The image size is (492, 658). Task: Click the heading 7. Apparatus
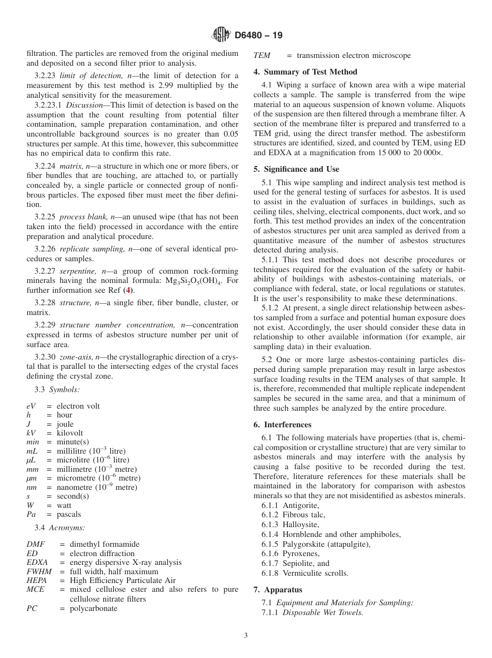(278, 590)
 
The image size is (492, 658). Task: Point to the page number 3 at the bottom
(246, 636)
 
